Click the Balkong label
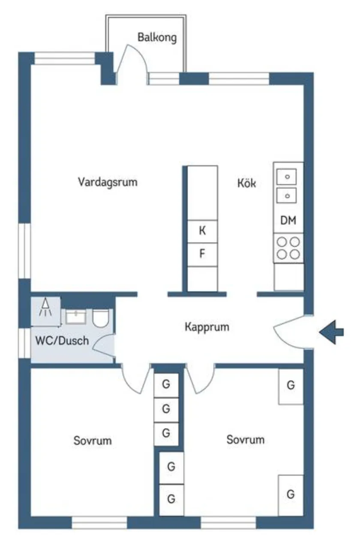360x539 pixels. pyautogui.click(x=157, y=37)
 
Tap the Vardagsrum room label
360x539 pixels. pyautogui.click(x=108, y=182)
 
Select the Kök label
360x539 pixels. pyautogui.click(x=246, y=183)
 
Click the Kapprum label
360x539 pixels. pyautogui.click(x=207, y=327)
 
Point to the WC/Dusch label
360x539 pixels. pyautogui.click(x=62, y=341)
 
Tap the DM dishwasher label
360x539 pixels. pyautogui.click(x=288, y=221)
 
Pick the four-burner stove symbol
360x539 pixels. pyautogui.click(x=288, y=248)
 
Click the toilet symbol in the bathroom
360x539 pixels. pyautogui.click(x=101, y=317)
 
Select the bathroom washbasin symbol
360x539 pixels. pyautogui.click(x=76, y=317)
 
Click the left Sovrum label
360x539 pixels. pyautogui.click(x=93, y=440)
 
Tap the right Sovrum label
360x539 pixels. pyautogui.click(x=245, y=440)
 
